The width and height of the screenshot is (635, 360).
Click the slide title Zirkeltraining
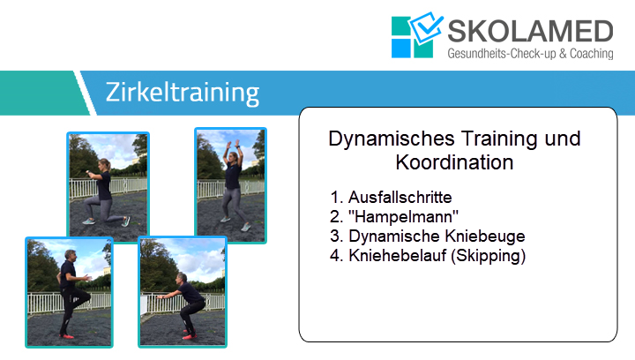tap(183, 93)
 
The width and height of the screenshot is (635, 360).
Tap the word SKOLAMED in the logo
tap(530, 31)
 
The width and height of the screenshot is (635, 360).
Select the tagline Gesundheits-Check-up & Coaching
tap(530, 54)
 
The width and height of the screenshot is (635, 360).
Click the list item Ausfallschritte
tap(400, 198)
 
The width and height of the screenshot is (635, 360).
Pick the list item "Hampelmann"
tap(403, 217)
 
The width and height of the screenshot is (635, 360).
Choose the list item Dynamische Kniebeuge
tap(437, 236)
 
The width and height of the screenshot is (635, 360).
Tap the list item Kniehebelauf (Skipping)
tap(437, 256)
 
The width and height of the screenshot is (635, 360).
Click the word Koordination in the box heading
tap(454, 162)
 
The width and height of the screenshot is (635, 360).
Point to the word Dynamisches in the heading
tap(392, 139)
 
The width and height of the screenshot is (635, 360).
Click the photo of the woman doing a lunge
tap(108, 187)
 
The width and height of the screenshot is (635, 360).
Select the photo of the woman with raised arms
tap(230, 185)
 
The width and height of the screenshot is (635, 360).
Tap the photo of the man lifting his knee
tap(69, 292)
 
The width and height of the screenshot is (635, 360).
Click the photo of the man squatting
tap(183, 292)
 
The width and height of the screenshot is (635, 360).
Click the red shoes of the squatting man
tap(190, 334)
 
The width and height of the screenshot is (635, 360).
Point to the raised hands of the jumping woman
tap(233, 145)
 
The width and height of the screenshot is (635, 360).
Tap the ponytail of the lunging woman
tap(108, 165)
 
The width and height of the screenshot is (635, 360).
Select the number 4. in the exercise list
tap(337, 256)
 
